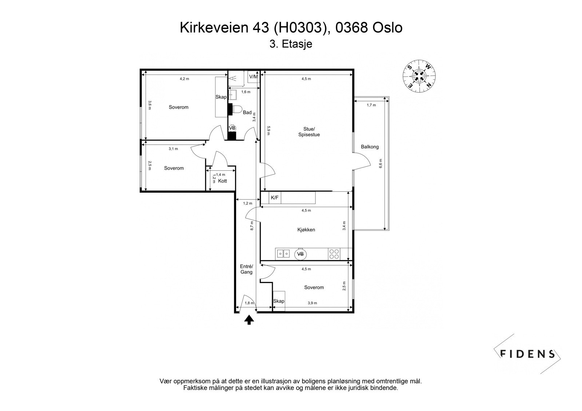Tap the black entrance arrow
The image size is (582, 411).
click(x=249, y=320)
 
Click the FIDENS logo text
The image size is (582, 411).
click(x=527, y=354)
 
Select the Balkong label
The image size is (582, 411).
click(x=370, y=147)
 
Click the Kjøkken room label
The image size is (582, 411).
click(x=306, y=230)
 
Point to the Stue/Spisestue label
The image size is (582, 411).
click(x=311, y=132)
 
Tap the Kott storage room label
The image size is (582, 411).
click(x=222, y=181)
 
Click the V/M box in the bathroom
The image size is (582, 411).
click(x=253, y=77)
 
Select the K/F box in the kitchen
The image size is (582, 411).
click(x=275, y=198)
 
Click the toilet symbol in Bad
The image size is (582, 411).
click(x=236, y=109)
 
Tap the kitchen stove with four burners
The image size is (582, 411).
click(x=334, y=254)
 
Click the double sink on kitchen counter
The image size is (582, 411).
click(x=283, y=253)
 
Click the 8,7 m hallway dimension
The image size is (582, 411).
click(x=252, y=226)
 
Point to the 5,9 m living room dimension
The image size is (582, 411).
click(x=268, y=130)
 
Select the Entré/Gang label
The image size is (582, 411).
click(x=246, y=269)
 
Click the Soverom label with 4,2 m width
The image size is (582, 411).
click(x=179, y=107)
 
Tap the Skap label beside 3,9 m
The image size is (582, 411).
click(x=279, y=301)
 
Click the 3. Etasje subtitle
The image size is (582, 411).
click(x=291, y=44)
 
